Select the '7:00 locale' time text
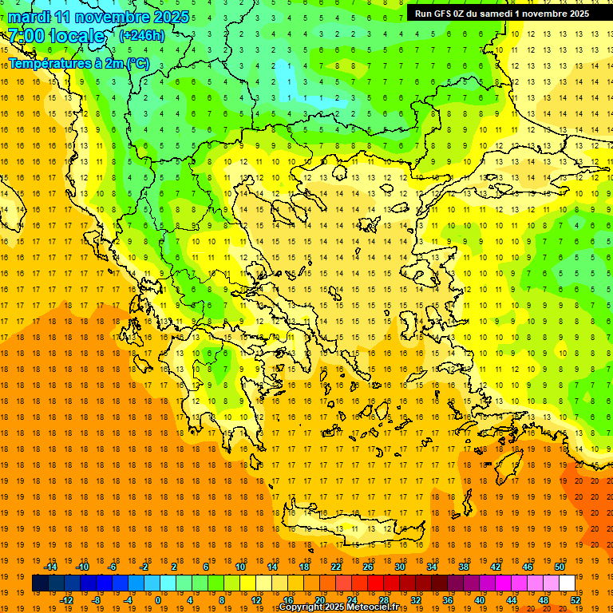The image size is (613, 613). point(56,35)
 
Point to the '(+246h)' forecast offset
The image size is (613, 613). point(142,35)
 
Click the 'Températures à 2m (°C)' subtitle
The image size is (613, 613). point(78,62)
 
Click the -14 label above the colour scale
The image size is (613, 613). point(50,567)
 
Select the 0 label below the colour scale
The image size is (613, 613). point(158,599)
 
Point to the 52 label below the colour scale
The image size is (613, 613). point(575,599)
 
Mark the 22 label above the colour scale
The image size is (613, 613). point(336,567)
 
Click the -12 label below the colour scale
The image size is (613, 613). point(66,599)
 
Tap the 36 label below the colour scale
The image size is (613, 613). point(447,599)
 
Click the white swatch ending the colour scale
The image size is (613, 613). point(567,583)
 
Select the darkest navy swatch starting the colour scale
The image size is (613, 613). point(40,583)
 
